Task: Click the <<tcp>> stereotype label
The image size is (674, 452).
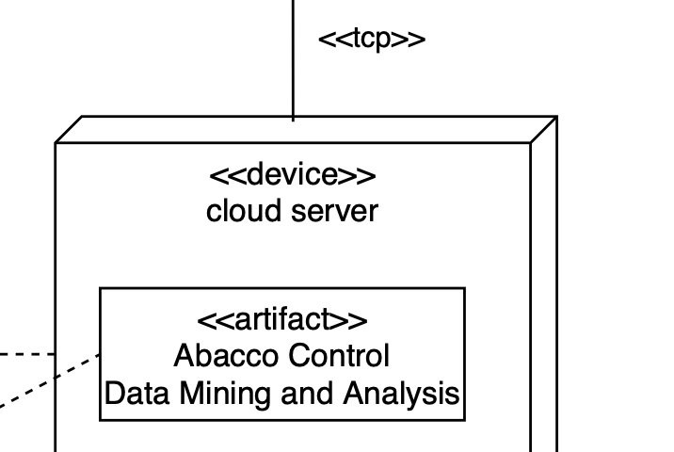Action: click(372, 40)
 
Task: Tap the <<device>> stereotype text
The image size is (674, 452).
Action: click(292, 175)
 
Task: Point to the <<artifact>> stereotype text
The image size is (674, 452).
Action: click(282, 320)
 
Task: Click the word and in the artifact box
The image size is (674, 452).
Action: click(301, 393)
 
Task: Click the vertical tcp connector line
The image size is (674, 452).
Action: click(293, 56)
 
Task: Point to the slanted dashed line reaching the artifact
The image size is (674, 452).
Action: click(47, 381)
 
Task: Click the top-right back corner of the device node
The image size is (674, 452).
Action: click(557, 117)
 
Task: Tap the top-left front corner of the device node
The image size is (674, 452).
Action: click(56, 143)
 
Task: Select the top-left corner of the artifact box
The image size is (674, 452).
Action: click(101, 288)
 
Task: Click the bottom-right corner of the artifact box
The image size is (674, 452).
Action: click(465, 419)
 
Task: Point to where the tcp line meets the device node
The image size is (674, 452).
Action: click(293, 118)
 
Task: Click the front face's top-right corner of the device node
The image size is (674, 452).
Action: click(531, 143)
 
